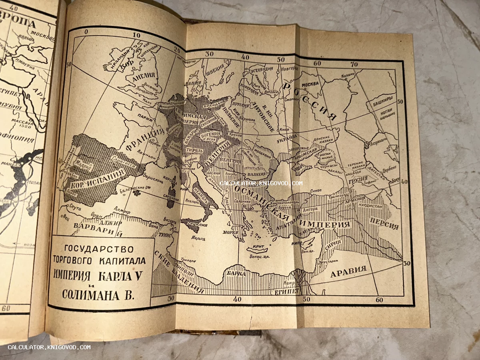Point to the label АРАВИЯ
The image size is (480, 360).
coord(348,272)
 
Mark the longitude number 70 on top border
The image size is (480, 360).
coord(354,64)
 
